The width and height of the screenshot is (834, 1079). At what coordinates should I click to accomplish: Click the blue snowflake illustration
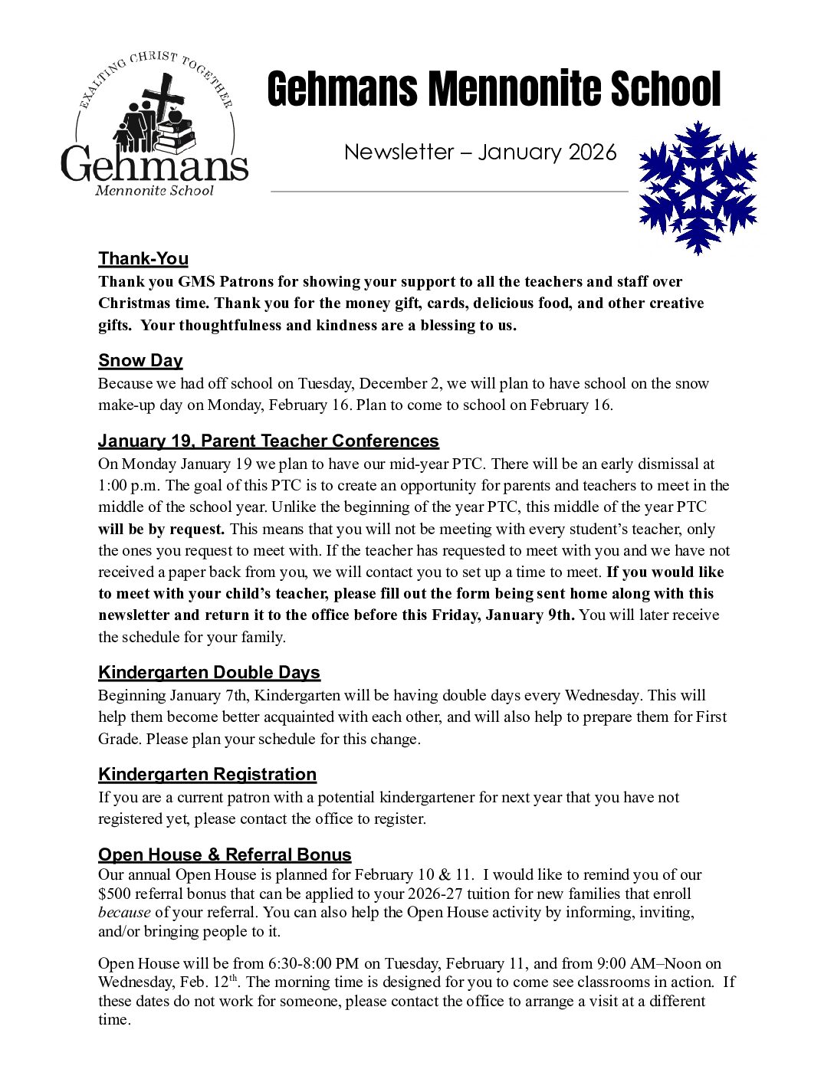point(698,187)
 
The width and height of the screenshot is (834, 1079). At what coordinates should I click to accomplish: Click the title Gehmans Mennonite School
point(494,89)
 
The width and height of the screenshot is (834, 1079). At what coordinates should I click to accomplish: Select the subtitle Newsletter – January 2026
point(480,152)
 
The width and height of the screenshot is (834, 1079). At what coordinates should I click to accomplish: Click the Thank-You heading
point(143,258)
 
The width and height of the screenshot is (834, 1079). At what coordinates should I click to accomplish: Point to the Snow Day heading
point(140,360)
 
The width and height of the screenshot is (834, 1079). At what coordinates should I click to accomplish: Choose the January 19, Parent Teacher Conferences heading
point(268,441)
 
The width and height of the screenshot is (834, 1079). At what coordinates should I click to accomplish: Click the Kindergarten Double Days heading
point(209,672)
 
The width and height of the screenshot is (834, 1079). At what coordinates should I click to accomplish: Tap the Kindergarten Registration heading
point(207,774)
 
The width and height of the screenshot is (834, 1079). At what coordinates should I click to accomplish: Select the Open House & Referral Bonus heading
point(225,854)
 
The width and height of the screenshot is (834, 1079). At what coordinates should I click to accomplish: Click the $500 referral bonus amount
point(113,894)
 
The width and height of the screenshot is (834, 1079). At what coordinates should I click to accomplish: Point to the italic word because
point(124,912)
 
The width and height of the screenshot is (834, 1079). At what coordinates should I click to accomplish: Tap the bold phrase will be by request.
point(161,529)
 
